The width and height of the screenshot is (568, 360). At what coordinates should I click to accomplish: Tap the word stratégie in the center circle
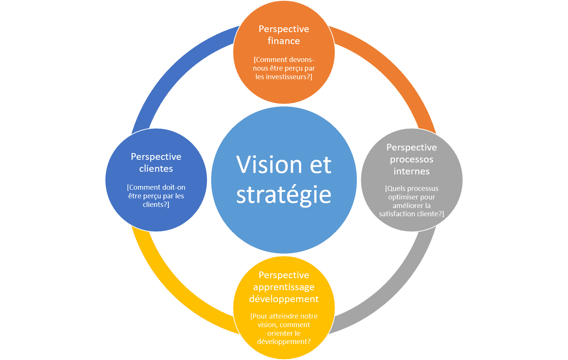284,195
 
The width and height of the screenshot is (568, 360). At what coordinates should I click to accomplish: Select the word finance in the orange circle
284,41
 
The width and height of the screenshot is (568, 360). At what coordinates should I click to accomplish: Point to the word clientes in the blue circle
156,169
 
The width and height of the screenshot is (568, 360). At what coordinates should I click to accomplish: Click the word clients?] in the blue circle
156,205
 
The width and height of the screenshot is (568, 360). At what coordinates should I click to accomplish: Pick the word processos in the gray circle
411,159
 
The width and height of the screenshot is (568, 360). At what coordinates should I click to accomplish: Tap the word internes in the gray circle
411,171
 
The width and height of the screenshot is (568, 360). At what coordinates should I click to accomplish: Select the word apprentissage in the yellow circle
284,287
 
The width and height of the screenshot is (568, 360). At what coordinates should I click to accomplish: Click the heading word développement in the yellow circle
284,299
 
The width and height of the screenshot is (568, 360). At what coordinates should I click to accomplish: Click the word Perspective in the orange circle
284,29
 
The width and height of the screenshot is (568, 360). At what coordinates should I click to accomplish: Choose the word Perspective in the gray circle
411,148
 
